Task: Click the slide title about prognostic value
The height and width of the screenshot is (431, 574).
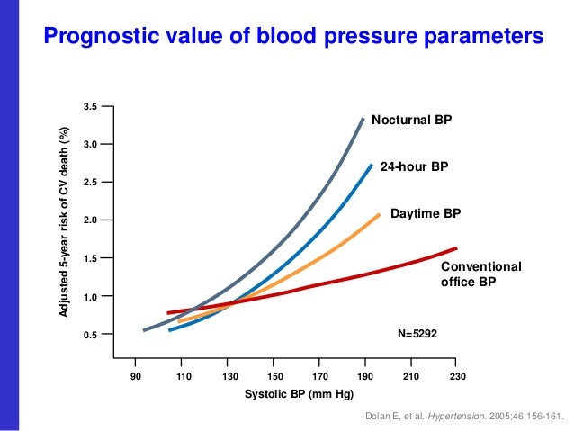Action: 294,36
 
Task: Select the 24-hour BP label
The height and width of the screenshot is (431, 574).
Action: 414,166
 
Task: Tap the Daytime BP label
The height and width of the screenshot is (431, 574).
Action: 426,214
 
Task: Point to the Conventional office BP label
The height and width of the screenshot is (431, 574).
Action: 480,274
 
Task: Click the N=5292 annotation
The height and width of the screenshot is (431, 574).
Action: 417,334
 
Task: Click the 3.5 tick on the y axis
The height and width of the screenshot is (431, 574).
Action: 89,107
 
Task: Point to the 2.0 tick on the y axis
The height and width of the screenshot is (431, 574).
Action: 89,220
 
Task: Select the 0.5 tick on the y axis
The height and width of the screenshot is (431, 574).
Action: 89,335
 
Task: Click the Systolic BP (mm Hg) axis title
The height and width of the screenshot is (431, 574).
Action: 300,395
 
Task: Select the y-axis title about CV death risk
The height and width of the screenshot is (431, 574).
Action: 64,221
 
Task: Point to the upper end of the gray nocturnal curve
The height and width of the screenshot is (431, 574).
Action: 363,119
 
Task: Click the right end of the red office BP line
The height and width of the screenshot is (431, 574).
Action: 457,248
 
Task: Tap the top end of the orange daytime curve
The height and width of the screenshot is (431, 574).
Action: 379,214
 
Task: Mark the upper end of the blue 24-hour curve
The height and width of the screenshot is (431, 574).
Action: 372,165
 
